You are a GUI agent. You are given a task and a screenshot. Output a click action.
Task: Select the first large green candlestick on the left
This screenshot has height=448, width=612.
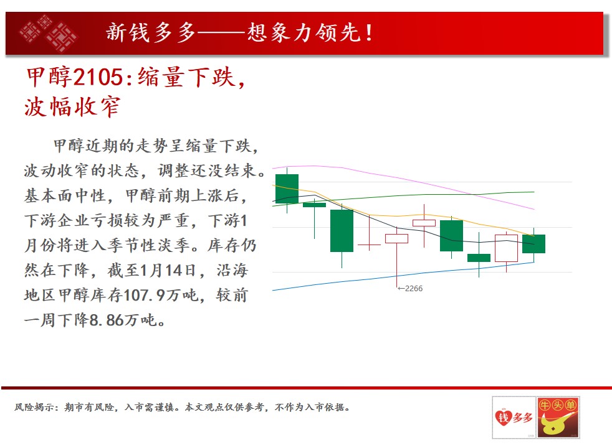(x=287, y=189)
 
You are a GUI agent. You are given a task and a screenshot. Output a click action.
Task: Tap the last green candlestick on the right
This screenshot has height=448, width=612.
(x=533, y=244)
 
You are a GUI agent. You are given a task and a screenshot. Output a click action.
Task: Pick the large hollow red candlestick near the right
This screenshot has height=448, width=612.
(x=506, y=248)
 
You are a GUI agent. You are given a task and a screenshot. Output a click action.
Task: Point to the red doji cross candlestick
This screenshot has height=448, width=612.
(x=369, y=245)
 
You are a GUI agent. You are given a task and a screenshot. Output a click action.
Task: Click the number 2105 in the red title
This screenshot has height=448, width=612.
(x=98, y=77)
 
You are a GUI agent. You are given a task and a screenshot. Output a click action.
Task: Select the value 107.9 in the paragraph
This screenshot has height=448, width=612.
(x=144, y=296)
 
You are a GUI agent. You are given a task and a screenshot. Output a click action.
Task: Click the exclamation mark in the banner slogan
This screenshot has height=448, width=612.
(x=369, y=33)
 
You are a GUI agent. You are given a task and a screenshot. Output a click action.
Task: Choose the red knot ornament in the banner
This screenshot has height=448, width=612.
(x=49, y=33)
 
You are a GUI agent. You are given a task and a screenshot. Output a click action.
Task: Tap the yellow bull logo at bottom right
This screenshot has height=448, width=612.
(x=558, y=418)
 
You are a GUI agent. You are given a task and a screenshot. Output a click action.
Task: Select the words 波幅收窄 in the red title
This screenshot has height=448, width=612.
(x=72, y=107)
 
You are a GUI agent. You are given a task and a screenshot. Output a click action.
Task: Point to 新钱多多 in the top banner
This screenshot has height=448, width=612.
(x=151, y=32)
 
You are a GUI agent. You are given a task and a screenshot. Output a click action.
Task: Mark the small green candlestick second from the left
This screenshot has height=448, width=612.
(x=314, y=205)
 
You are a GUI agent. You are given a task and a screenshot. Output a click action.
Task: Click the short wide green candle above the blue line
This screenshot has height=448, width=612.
(x=479, y=258)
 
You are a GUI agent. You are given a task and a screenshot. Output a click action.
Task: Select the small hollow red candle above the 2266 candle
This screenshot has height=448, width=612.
(x=424, y=223)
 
